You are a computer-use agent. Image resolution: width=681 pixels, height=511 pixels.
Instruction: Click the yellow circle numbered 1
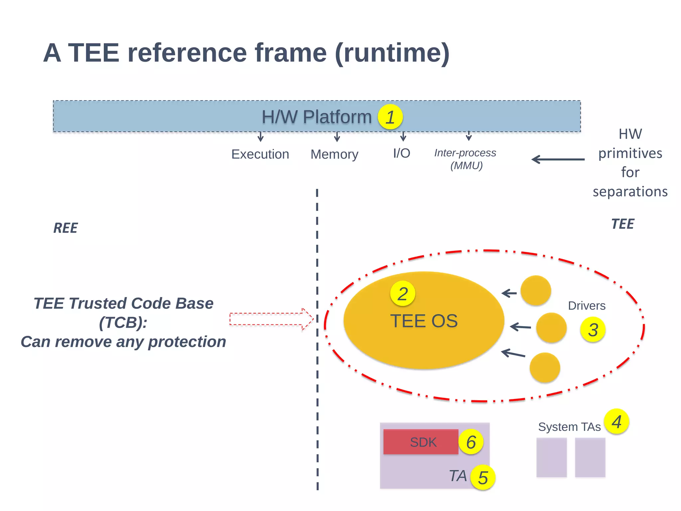click(x=390, y=117)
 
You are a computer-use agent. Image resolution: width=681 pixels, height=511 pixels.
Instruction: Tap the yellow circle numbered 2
click(x=403, y=294)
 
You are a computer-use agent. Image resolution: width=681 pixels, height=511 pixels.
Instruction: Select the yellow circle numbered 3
click(x=593, y=329)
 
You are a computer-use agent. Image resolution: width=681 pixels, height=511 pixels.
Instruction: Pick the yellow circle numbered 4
click(x=616, y=422)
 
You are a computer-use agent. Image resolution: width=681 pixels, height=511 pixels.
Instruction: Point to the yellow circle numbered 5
click(x=483, y=477)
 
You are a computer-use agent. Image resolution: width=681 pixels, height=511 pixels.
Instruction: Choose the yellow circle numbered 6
click(x=471, y=442)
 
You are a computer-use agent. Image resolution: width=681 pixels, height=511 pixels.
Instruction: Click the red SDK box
click(x=421, y=442)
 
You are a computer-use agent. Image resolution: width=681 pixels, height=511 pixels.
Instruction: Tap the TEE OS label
click(x=424, y=321)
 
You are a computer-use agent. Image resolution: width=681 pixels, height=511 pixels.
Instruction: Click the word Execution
click(x=260, y=154)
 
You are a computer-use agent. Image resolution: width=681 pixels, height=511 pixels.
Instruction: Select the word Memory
click(x=334, y=154)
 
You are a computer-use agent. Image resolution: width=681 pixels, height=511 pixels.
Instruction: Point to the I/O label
click(x=401, y=153)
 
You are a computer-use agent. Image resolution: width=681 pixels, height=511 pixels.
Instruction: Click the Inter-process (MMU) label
click(x=465, y=159)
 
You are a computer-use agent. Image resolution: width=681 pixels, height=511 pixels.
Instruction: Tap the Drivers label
click(x=587, y=306)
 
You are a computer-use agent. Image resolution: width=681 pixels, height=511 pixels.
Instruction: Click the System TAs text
click(x=569, y=427)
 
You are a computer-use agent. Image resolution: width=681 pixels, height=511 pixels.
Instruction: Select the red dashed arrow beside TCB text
click(x=271, y=319)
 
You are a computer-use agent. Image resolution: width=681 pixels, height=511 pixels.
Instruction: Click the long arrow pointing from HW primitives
click(x=558, y=160)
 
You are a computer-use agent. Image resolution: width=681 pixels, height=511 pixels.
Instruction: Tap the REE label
click(x=66, y=228)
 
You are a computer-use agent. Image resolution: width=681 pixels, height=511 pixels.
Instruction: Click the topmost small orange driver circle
click(x=536, y=290)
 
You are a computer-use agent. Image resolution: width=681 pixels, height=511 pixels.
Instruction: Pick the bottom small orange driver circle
click(x=545, y=368)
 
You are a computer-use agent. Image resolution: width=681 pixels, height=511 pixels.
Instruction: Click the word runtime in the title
click(x=392, y=53)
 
